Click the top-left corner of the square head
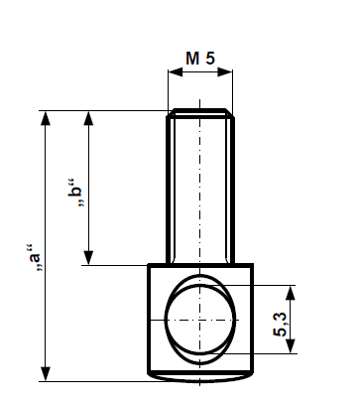click(149, 265)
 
